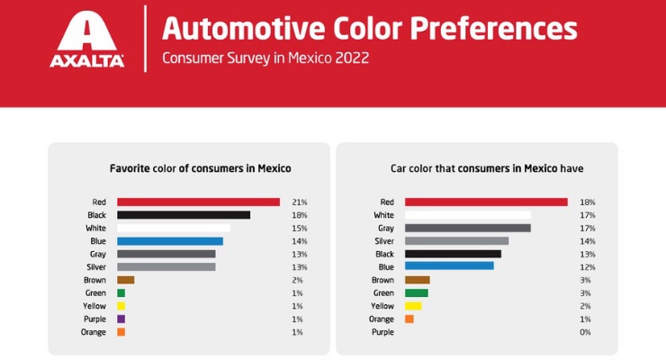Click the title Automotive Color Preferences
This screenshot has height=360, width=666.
[369, 29]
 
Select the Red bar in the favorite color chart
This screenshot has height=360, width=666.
[198, 202]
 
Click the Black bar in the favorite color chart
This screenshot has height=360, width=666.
[184, 215]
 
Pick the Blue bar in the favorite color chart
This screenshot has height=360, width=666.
[170, 241]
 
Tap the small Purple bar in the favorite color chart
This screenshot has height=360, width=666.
[121, 319]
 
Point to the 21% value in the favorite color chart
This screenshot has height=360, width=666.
[300, 202]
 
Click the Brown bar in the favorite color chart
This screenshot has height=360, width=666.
[125, 280]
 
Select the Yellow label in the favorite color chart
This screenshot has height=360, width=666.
[94, 306]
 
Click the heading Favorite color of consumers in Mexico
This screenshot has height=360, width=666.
[200, 168]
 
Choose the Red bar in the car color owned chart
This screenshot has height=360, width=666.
[486, 202]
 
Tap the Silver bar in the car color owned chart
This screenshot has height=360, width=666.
[456, 241]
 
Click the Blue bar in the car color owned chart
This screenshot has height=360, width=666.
[449, 266]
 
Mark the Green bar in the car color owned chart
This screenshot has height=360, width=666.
[416, 293]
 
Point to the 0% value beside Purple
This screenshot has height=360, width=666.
[586, 332]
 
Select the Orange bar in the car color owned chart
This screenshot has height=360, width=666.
[409, 319]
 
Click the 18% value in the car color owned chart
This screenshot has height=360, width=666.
[588, 202]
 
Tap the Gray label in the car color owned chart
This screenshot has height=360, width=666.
[385, 229]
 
